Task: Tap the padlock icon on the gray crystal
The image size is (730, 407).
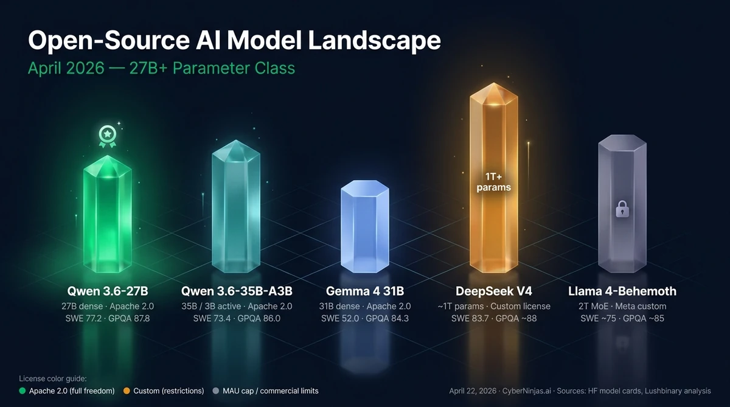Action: (621, 210)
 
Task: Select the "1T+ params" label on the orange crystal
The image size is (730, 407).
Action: (493, 182)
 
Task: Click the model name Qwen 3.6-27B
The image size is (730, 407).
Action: (107, 291)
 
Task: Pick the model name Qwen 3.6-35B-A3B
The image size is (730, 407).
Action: (237, 291)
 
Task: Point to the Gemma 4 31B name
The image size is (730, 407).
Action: (365, 291)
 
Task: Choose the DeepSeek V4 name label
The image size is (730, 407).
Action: (493, 291)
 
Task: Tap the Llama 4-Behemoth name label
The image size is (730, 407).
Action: (622, 291)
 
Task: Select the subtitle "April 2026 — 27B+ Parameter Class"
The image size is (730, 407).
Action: (161, 68)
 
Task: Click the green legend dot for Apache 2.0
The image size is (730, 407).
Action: (23, 391)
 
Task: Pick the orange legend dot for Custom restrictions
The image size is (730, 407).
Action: (127, 391)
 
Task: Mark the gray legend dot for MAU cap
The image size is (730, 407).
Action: (217, 391)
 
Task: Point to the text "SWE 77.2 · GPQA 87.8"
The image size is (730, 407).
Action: (107, 318)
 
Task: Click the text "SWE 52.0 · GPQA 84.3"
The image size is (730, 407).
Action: (365, 318)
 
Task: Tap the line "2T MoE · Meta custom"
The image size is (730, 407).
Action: (622, 306)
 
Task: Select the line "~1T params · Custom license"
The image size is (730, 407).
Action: (493, 306)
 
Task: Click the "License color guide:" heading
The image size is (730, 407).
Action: (53, 378)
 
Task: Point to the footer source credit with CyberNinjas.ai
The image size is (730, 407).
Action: (577, 391)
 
